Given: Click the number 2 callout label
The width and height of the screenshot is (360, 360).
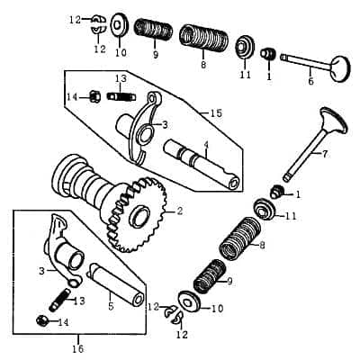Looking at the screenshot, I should pos(179,211).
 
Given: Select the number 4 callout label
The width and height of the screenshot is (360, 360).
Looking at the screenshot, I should pos(206,145).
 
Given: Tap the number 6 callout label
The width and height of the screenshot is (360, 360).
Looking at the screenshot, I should pos(311,81).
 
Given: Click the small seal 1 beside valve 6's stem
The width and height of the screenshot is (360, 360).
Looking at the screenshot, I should pos(267,56).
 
